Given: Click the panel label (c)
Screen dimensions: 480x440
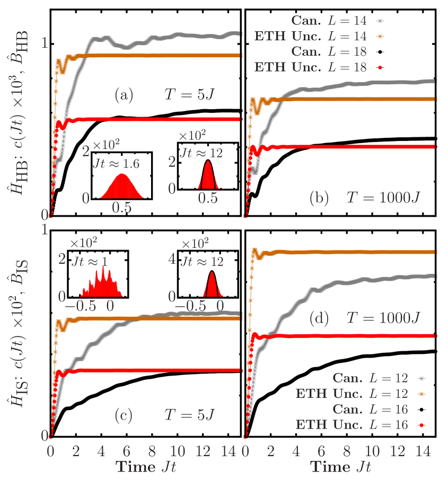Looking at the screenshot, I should tap(124, 416).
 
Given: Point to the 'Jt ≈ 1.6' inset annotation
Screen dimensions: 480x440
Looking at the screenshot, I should tap(115, 164).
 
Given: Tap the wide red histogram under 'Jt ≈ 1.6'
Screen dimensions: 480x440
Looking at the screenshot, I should tap(122, 187).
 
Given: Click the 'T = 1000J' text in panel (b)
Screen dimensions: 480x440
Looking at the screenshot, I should tap(383, 198).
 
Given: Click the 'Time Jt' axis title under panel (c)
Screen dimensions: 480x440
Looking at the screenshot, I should tap(146, 467).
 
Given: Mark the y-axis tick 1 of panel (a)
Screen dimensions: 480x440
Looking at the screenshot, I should tap(45, 43).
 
